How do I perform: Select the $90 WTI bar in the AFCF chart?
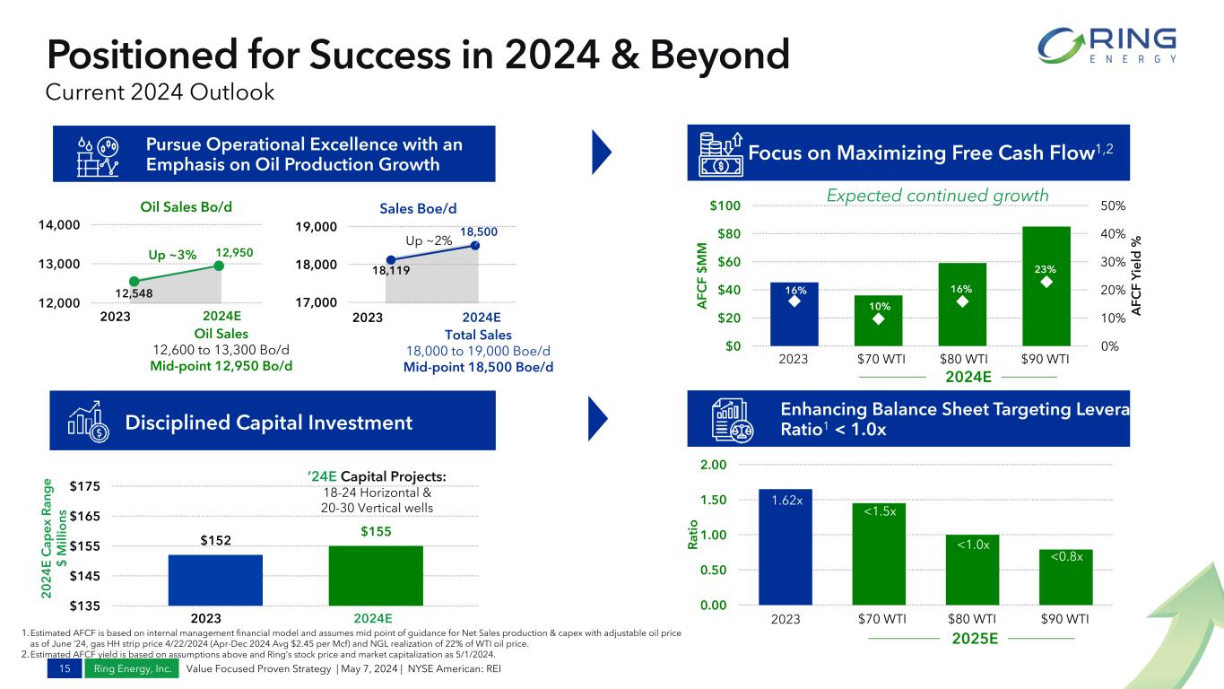[1046, 286]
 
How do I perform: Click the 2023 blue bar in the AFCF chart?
[794, 314]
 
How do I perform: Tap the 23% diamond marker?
[1046, 282]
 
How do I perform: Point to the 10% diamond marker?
[878, 318]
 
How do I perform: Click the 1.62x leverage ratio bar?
[785, 546]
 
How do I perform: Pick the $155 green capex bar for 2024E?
[376, 575]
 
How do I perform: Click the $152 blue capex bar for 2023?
[215, 580]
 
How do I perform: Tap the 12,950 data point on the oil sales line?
[219, 265]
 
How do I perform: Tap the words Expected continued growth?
[937, 196]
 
